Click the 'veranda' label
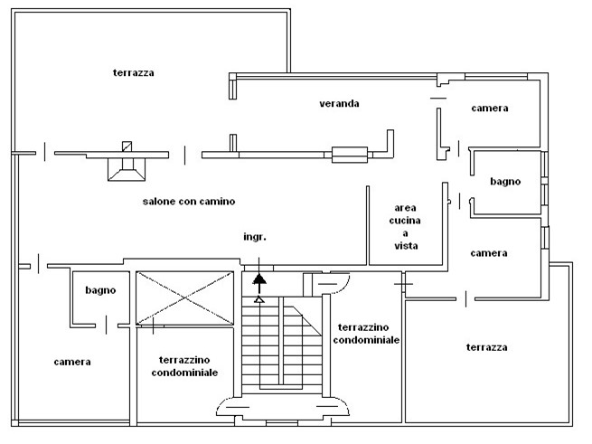(339, 103)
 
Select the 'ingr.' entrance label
(255, 237)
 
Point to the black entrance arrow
(259, 281)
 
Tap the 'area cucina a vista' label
(406, 226)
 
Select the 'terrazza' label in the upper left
(133, 72)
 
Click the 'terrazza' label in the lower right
(486, 347)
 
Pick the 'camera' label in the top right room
(489, 109)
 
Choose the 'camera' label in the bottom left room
(72, 362)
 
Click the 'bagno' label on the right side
(505, 182)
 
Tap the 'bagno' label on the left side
(100, 290)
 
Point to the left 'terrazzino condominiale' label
(184, 365)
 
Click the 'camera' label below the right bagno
(489, 253)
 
